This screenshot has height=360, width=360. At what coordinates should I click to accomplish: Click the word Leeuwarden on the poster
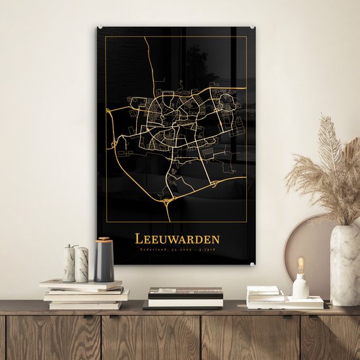click(177, 240)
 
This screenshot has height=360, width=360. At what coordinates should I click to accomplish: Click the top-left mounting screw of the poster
click(100, 27)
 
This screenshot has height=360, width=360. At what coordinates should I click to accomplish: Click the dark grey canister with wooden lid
click(104, 261)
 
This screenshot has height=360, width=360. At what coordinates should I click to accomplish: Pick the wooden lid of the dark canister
click(104, 242)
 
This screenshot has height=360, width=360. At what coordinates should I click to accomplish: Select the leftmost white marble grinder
click(69, 264)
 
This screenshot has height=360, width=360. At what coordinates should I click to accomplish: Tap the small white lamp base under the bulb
click(301, 287)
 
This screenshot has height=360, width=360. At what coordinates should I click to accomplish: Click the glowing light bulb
click(301, 265)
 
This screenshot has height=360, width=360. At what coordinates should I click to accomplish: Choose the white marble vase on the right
click(344, 264)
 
